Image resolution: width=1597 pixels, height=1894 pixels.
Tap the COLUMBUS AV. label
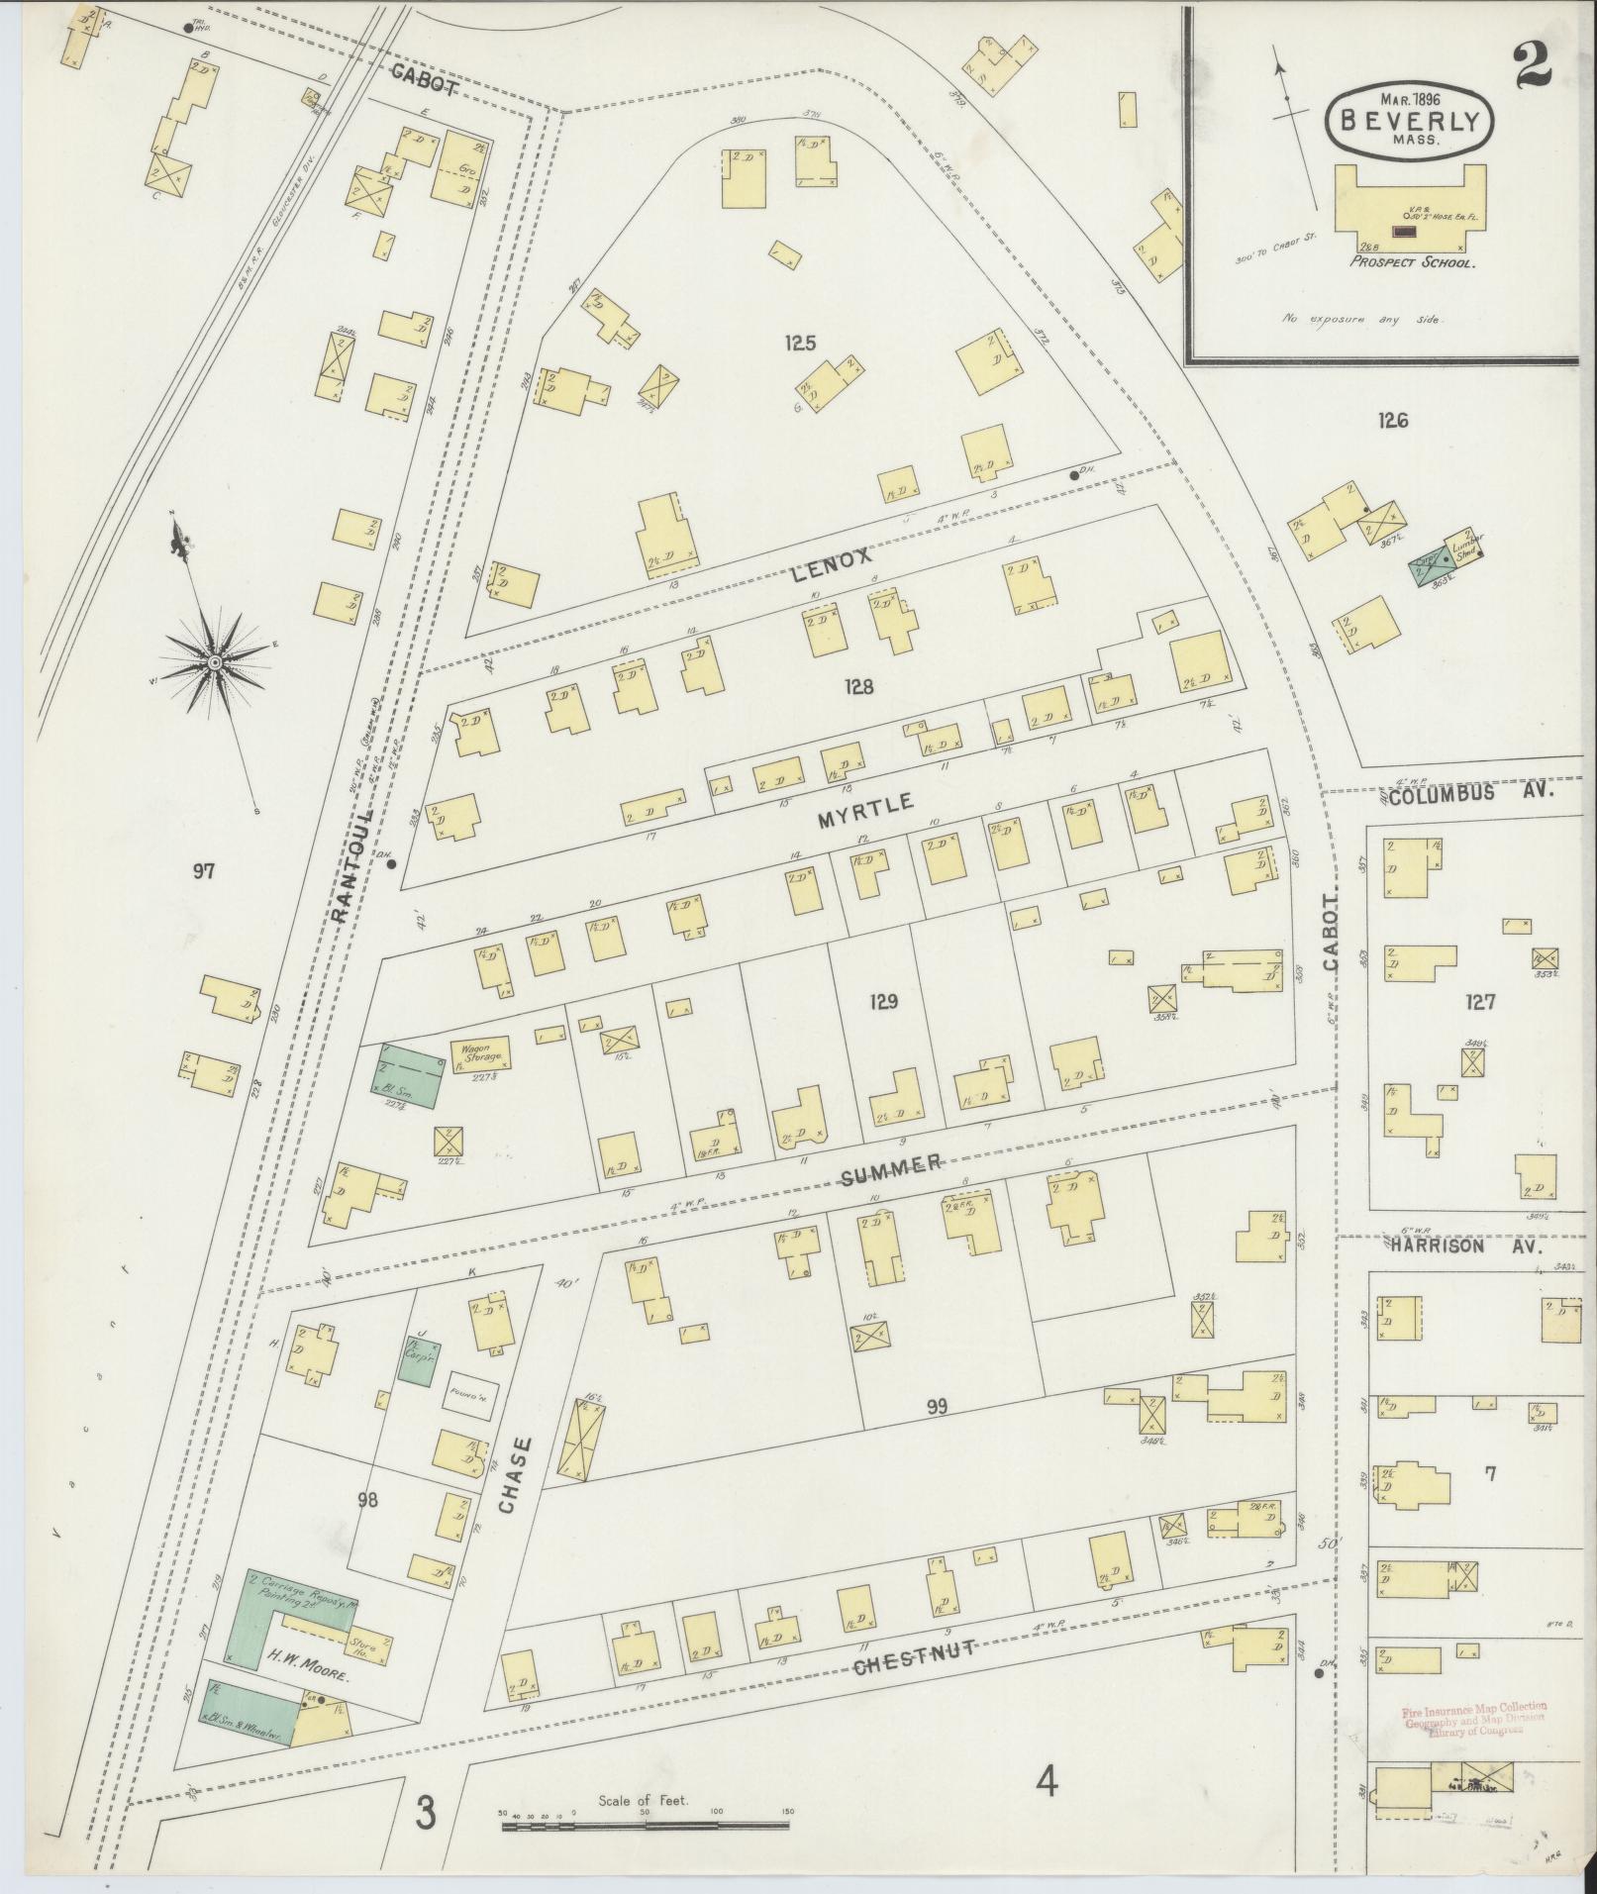point(1470,793)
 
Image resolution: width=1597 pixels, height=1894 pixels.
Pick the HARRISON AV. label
point(1470,1246)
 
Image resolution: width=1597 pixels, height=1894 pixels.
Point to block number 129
point(882,1002)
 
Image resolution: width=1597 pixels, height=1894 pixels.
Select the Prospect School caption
point(1413,264)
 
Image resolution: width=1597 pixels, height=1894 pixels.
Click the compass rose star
point(214,658)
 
